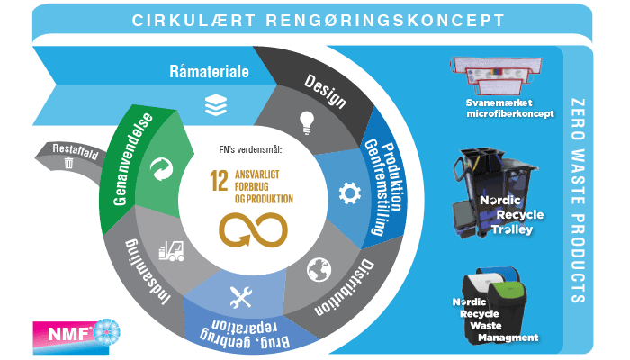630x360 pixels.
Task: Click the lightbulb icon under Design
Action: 305,119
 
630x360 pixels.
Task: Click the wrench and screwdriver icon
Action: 240,294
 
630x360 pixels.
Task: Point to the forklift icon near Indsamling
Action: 171,249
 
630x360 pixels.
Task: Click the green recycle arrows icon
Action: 162,167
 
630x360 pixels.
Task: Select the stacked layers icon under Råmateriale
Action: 213,103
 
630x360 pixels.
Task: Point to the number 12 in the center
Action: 217,179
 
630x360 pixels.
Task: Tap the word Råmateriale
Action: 210,71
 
